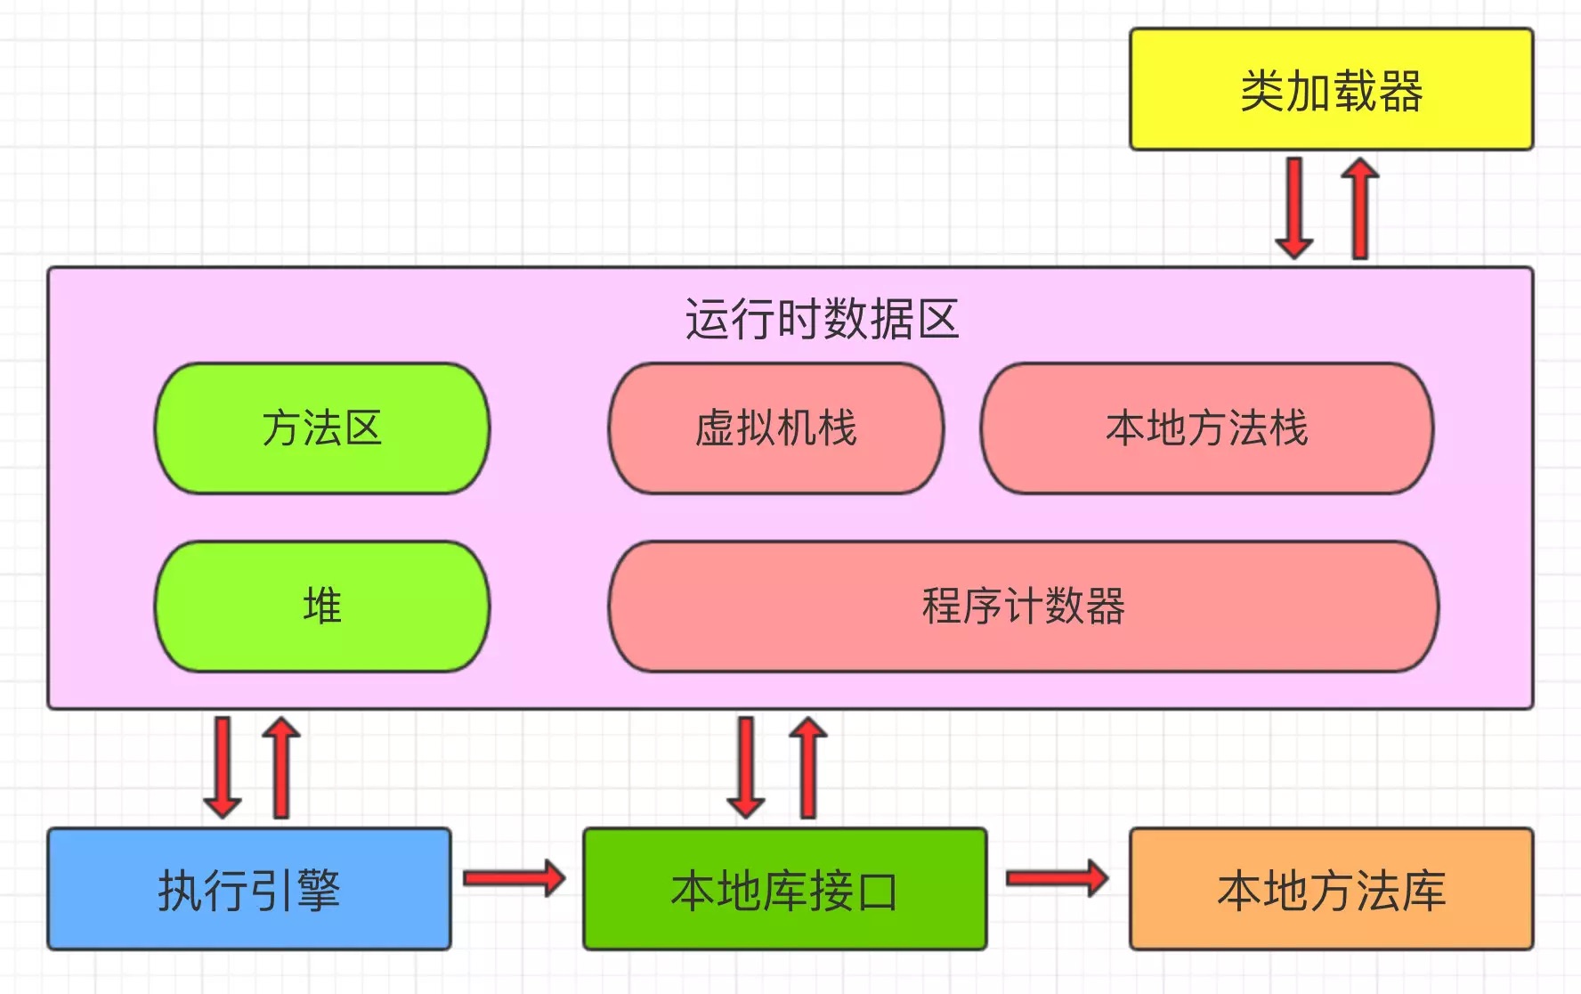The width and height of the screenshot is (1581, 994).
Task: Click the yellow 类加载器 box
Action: tap(1331, 89)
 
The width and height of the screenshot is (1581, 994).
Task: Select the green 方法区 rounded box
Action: tap(322, 428)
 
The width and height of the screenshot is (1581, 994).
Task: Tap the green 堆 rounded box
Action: tap(322, 607)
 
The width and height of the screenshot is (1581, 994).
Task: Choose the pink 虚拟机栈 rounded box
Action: tap(775, 428)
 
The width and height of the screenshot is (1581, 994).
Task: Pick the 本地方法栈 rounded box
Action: tap(1207, 428)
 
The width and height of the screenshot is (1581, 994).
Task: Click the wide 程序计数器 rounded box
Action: tap(1024, 607)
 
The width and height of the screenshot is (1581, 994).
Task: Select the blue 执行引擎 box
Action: tap(249, 889)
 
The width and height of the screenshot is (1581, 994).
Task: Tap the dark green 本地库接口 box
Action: tap(784, 889)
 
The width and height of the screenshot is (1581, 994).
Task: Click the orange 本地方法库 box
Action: tap(1331, 889)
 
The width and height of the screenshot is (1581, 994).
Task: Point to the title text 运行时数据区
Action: tap(821, 319)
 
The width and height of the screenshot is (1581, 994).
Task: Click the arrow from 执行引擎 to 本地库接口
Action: tap(515, 879)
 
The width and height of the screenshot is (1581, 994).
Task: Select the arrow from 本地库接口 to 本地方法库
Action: tap(1057, 879)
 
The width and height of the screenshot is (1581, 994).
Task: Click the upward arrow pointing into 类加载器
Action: tap(1360, 208)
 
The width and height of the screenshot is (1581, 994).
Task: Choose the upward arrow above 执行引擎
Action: tap(281, 768)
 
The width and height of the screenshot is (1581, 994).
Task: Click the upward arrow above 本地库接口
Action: tap(808, 768)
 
